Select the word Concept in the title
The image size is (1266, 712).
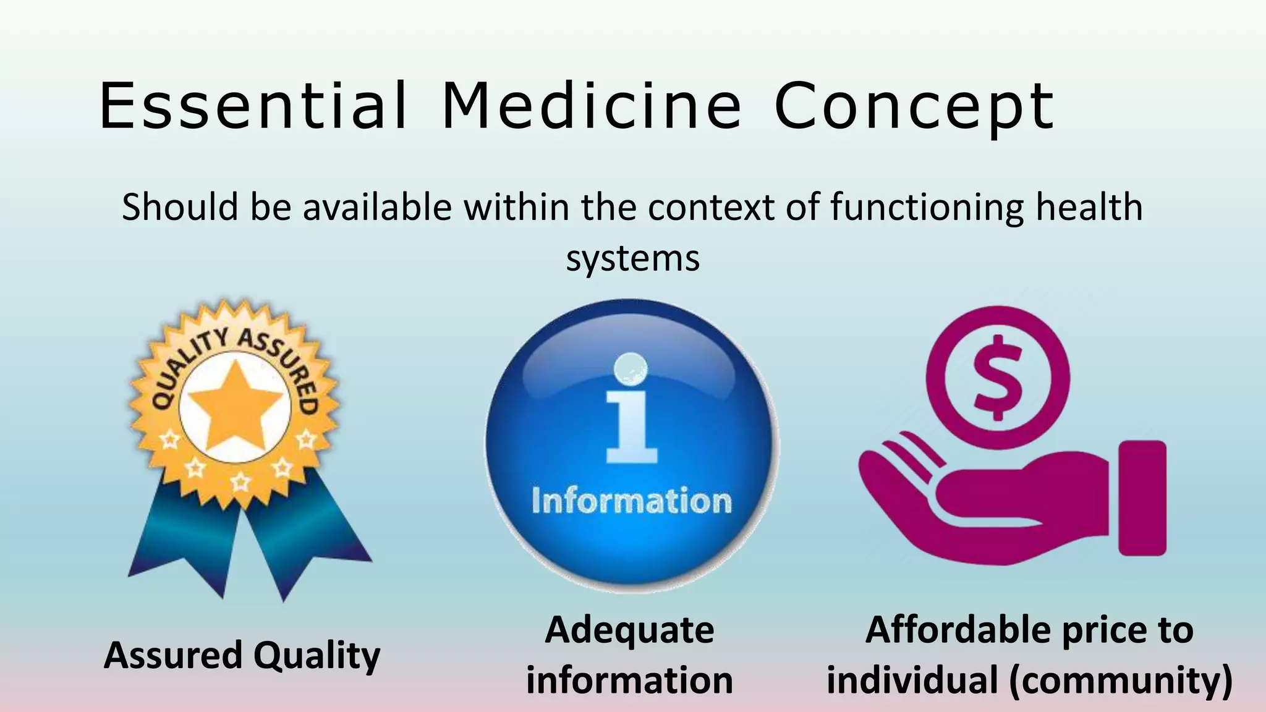914,106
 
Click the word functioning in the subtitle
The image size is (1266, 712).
927,208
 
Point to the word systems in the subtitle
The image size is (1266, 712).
633,258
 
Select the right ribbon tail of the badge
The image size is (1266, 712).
309,544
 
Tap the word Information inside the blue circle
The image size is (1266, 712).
631,501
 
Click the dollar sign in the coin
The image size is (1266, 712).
997,377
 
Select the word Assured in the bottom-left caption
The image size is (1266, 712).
173,655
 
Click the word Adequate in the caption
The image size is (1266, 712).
629,630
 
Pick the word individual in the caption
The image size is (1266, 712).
912,680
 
